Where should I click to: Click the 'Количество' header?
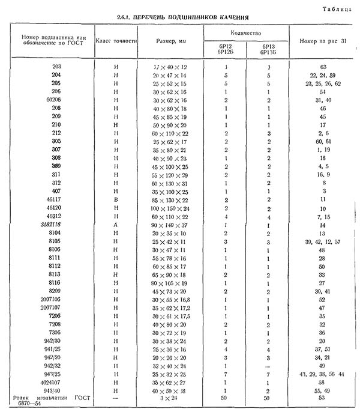click(245, 30)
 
